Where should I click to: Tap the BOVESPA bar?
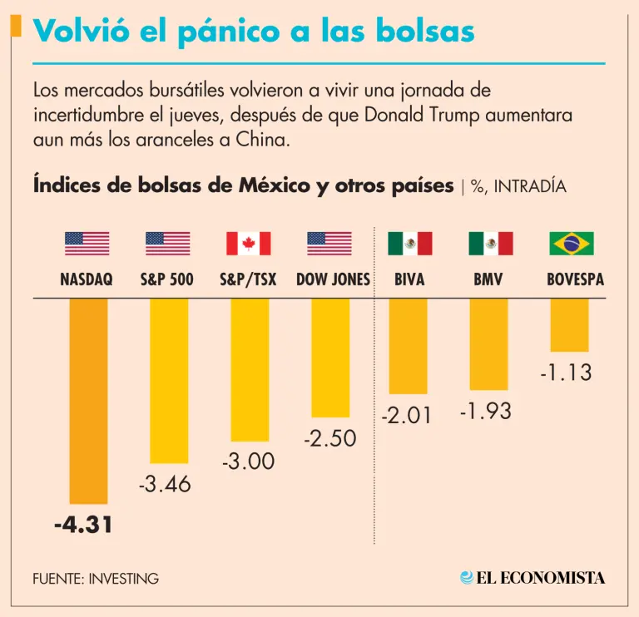571,325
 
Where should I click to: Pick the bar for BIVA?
409,346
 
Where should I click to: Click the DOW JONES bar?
330,358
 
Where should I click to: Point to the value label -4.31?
82,526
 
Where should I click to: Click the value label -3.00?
248,461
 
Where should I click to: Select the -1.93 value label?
486,410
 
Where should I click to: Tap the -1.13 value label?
566,372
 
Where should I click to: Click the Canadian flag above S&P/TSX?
248,244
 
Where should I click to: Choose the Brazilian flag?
571,244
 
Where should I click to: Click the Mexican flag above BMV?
490,244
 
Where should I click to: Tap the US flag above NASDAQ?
87,244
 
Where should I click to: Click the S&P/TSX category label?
248,280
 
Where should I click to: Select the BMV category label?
489,280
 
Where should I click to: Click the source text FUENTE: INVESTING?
96,578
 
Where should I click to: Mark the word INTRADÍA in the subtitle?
530,186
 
